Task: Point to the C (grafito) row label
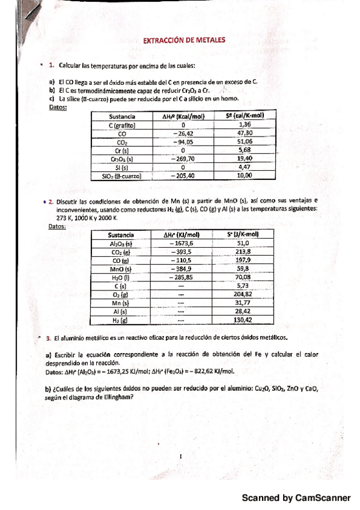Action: click(122, 125)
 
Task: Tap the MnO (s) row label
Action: click(120, 269)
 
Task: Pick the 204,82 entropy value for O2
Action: click(243, 295)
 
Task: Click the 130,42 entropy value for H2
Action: click(243, 321)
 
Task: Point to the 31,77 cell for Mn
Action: click(243, 304)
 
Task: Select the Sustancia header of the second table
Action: click(120, 235)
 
